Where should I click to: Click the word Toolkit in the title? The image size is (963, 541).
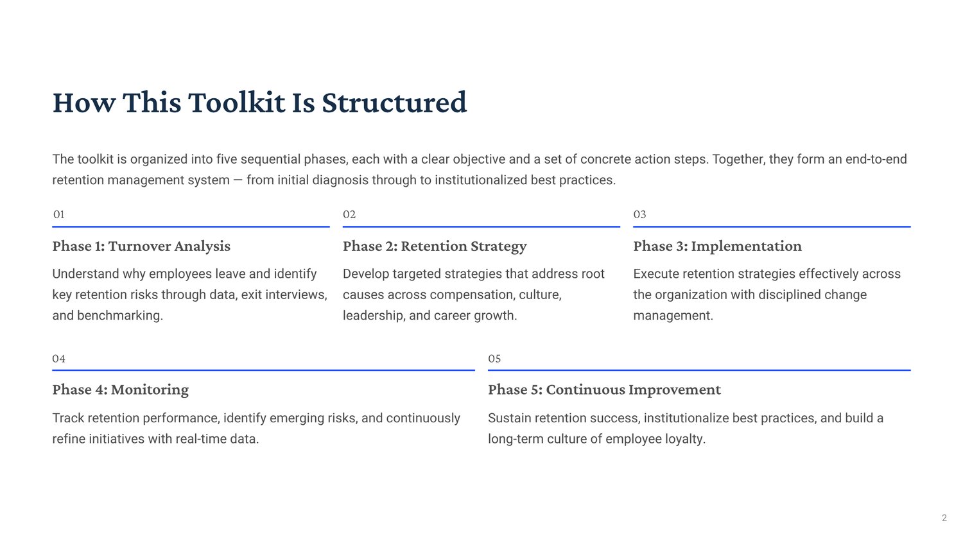click(x=236, y=102)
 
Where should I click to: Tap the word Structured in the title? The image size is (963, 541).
click(x=394, y=102)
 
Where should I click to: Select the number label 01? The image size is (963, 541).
click(x=58, y=214)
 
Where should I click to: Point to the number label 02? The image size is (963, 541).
click(x=349, y=214)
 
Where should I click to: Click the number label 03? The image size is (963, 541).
click(x=639, y=214)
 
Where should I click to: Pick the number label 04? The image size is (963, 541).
click(x=59, y=358)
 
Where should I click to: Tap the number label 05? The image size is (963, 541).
click(x=494, y=358)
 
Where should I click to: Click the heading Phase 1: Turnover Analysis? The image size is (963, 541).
click(x=141, y=246)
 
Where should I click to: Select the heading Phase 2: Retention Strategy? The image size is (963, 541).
click(x=435, y=246)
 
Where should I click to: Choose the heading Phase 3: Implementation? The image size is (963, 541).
click(x=718, y=246)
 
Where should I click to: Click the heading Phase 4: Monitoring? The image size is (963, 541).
click(x=121, y=390)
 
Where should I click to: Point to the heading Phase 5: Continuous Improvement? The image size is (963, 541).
click(x=605, y=390)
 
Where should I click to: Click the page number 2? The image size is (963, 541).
click(x=944, y=518)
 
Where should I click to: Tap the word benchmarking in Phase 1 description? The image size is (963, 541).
click(x=120, y=315)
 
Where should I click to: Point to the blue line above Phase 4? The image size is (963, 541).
click(x=263, y=370)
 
